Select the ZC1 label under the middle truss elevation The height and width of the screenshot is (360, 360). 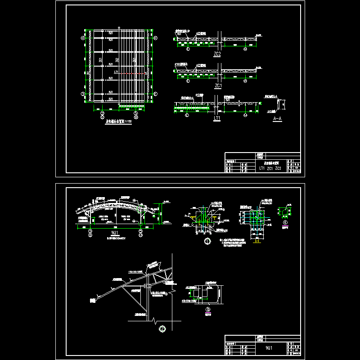(x=218, y=85)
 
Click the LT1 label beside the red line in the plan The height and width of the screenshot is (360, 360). (x=116, y=72)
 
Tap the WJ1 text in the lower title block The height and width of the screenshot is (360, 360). (x=269, y=348)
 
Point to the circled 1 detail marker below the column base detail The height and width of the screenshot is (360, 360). (x=207, y=241)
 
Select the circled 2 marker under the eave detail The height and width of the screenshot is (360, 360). (x=162, y=328)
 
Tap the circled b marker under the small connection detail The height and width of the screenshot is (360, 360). (x=208, y=309)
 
